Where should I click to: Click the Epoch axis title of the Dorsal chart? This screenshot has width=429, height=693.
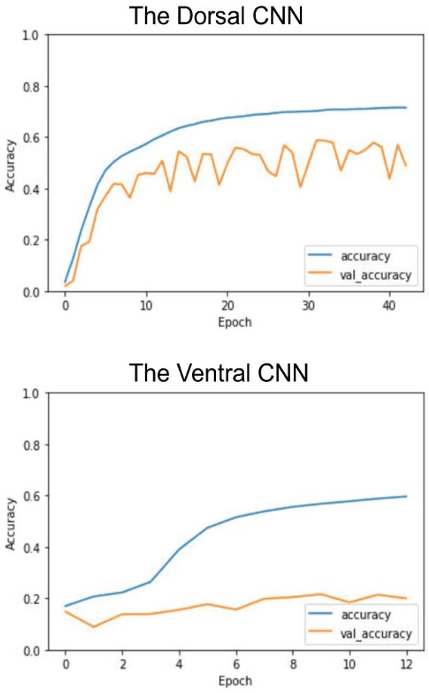(x=236, y=322)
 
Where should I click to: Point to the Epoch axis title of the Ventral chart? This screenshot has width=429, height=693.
(x=236, y=681)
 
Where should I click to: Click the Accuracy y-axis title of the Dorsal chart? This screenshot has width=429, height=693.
(x=11, y=163)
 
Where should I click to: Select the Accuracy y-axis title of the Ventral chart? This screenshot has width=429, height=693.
(x=11, y=522)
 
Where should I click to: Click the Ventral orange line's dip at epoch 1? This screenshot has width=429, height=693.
(x=94, y=627)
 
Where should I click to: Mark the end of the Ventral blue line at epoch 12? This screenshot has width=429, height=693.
(x=406, y=496)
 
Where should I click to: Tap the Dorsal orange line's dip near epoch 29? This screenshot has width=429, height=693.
(x=301, y=186)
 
